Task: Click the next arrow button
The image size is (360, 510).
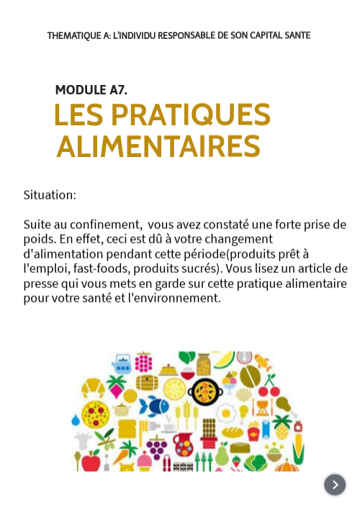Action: (x=335, y=484)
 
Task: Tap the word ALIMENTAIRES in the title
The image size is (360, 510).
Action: (x=158, y=147)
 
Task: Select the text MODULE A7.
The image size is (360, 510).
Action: (x=91, y=90)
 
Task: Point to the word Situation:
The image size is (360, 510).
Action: (x=50, y=194)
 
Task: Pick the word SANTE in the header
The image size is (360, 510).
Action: (x=296, y=35)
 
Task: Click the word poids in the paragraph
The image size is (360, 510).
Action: (x=39, y=239)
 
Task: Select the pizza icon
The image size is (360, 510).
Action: (x=95, y=413)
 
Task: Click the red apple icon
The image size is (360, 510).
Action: (x=91, y=460)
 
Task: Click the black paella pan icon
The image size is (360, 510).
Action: (x=204, y=391)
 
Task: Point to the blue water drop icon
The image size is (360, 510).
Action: (x=76, y=420)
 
